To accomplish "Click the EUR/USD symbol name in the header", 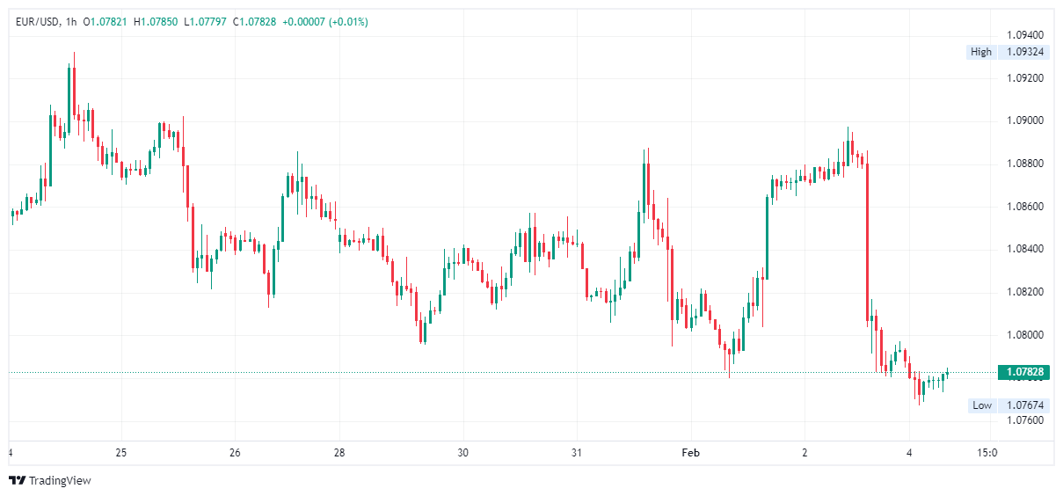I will [37, 22].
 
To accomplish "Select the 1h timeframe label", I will [71, 22].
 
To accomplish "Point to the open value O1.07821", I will [106, 22].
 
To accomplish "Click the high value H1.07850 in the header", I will [156, 22].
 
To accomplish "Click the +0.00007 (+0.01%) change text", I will [324, 22].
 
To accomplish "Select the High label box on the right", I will [980, 52].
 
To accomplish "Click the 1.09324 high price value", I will [1024, 52].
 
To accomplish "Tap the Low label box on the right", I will [981, 405].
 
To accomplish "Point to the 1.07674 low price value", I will [1024, 405].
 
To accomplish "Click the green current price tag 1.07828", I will [1024, 372].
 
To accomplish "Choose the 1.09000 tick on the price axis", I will [1024, 120].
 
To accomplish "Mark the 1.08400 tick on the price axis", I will [1024, 249].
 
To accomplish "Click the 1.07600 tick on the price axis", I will [1024, 420].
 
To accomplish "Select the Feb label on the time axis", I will [691, 453].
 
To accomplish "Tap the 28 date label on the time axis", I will [339, 453].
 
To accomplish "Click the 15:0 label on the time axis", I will [987, 453].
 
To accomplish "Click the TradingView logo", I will [50, 481].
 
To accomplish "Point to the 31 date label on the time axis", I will [577, 453].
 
